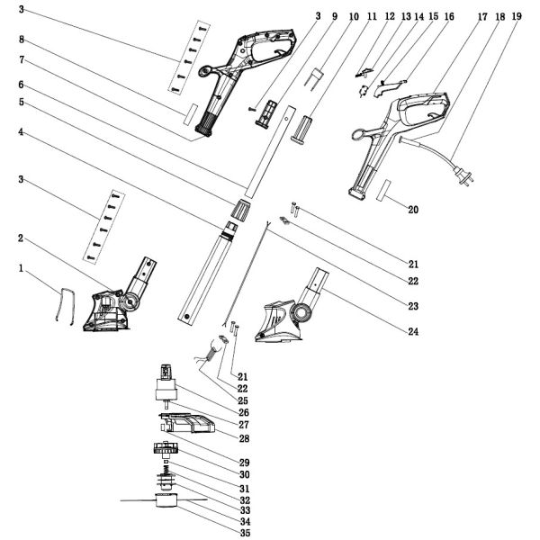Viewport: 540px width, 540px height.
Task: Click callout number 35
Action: (x=245, y=531)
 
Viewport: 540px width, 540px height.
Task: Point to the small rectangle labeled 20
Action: (x=383, y=192)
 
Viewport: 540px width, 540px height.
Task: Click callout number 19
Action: (x=516, y=16)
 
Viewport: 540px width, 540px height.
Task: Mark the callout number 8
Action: (x=21, y=40)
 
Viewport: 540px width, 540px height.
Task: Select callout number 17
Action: (x=482, y=16)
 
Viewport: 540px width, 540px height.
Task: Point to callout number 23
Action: (x=413, y=306)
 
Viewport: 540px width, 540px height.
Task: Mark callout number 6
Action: (x=21, y=85)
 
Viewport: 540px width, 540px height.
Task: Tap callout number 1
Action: (x=21, y=267)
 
